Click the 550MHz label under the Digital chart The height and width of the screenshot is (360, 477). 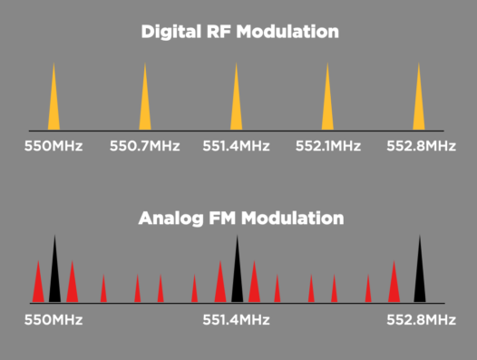pyautogui.click(x=54, y=145)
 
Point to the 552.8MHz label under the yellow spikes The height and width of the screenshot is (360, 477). pyautogui.click(x=420, y=145)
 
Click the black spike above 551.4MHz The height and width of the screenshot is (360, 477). pyautogui.click(x=237, y=277)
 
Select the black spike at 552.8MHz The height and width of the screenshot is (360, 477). pyautogui.click(x=419, y=277)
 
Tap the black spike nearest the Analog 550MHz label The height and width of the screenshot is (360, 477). pyautogui.click(x=54, y=277)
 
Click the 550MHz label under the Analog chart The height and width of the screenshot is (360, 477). pyautogui.click(x=54, y=319)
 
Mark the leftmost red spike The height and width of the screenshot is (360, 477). pyautogui.click(x=38, y=286)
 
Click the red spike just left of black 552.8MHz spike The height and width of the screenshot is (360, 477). pyautogui.click(x=394, y=286)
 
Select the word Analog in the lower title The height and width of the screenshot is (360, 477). pyautogui.click(x=170, y=219)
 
